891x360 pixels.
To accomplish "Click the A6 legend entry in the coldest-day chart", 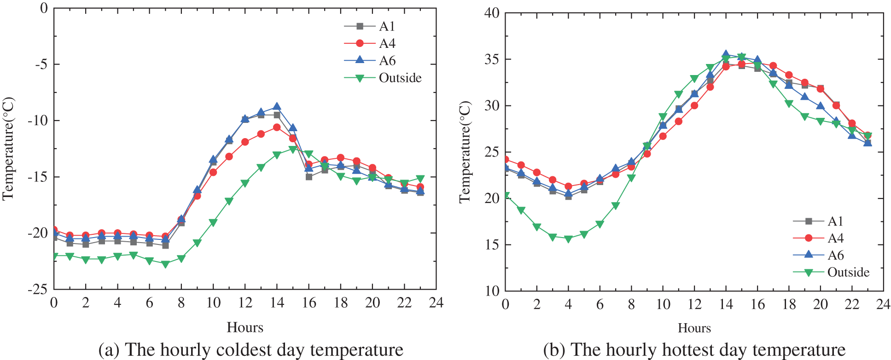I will (x=387, y=60).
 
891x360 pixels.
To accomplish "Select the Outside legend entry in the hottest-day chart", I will (x=848, y=272).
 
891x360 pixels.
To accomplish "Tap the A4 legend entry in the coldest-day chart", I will (x=387, y=43).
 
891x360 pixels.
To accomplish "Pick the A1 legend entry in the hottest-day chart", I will (x=835, y=221).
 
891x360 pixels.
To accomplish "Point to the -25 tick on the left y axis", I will (x=37, y=289).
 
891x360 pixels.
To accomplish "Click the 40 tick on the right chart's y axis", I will (x=491, y=12).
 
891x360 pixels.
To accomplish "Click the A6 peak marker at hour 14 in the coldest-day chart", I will (x=277, y=106).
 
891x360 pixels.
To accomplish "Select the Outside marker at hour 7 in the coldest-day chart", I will (x=165, y=264).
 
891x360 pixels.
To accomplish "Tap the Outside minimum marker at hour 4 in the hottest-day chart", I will (x=568, y=239).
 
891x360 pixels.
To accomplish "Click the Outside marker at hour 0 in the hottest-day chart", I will (x=506, y=196).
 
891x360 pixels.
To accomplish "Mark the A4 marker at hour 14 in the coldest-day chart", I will (x=277, y=127).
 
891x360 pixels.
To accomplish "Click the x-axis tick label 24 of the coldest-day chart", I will (x=436, y=303).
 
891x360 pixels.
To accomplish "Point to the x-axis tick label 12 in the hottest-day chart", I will (x=694, y=304).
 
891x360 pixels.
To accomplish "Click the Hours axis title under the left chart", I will (x=245, y=327).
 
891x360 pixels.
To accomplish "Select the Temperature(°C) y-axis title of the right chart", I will (x=465, y=152).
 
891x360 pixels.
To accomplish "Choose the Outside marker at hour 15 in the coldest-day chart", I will (x=292, y=149).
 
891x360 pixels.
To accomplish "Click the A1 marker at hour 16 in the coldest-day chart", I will (x=309, y=177).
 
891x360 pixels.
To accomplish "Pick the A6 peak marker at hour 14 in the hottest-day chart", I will (x=726, y=54).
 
